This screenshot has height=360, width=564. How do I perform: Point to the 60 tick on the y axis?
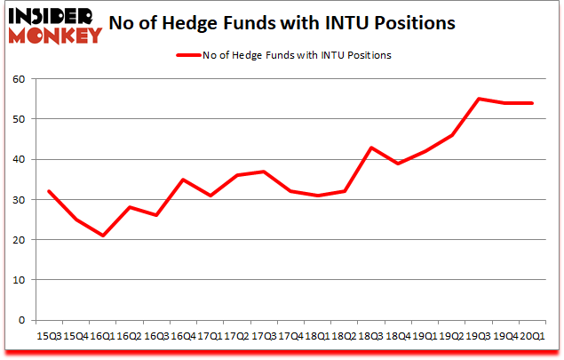point(20,79)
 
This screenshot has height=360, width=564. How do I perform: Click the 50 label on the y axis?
point(20,119)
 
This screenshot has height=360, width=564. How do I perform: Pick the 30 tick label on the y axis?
point(20,200)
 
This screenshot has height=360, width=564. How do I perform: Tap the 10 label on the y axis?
point(20,280)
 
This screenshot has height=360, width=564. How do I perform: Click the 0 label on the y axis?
point(22,320)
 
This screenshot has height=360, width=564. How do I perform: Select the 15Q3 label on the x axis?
point(48,337)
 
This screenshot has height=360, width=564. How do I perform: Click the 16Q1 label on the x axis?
point(102,337)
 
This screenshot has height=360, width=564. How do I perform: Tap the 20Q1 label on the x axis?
point(533,337)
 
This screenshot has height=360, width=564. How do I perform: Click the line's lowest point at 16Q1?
point(103,236)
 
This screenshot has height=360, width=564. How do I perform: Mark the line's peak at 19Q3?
point(480,99)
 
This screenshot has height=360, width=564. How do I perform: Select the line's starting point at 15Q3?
point(49,191)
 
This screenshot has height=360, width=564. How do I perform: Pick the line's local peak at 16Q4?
point(183,180)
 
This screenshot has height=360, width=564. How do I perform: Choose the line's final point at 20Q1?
point(533,103)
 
